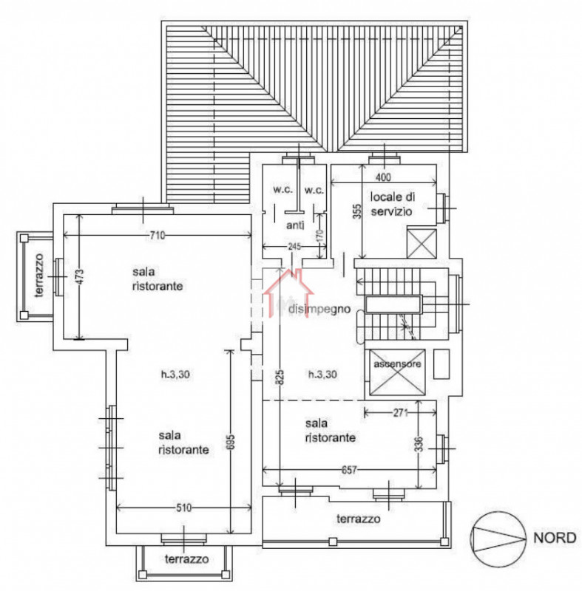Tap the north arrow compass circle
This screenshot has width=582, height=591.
pyautogui.click(x=494, y=538)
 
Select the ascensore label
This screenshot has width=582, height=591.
pyautogui.click(x=397, y=366)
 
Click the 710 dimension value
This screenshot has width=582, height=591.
pyautogui.click(x=156, y=236)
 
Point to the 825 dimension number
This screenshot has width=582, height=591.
pyautogui.click(x=280, y=377)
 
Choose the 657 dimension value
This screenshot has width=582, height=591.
pyautogui.click(x=349, y=470)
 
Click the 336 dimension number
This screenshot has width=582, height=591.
pyautogui.click(x=419, y=444)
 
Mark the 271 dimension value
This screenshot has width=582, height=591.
pyautogui.click(x=401, y=412)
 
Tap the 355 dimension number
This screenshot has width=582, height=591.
pyautogui.click(x=356, y=212)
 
